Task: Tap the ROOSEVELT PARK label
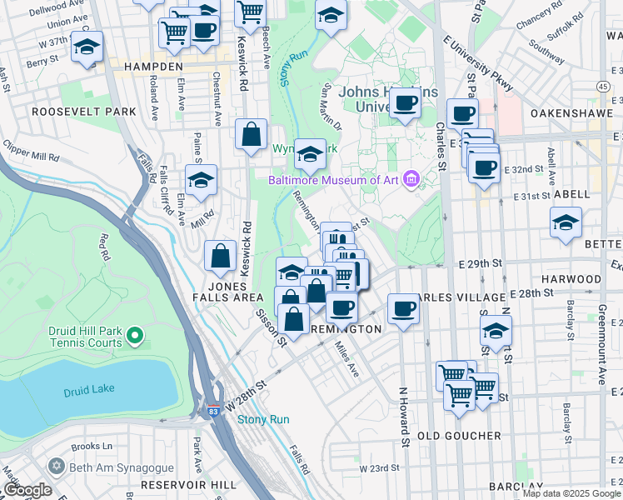tap(72, 111)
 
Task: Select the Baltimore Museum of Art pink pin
tap(410, 179)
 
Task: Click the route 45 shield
tap(602, 86)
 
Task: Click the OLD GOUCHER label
tap(459, 436)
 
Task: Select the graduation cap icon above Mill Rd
tap(201, 179)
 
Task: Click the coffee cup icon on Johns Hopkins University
tap(406, 103)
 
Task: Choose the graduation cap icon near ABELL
tap(566, 222)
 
